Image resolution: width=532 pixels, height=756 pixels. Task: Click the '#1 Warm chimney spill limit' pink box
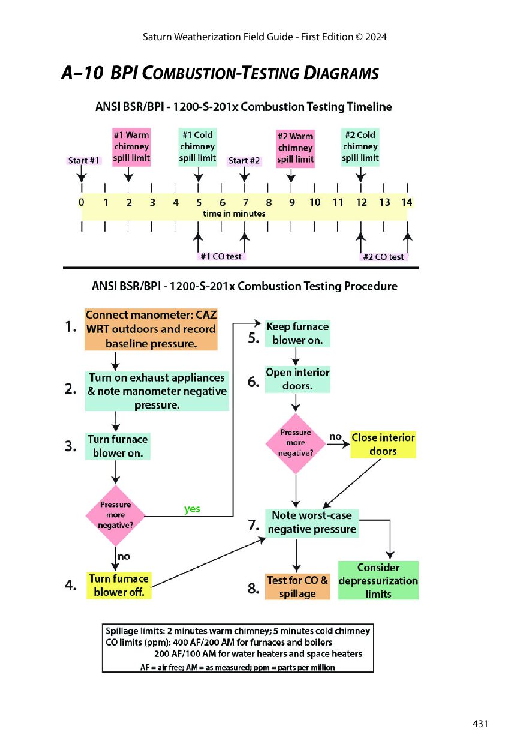[131, 147]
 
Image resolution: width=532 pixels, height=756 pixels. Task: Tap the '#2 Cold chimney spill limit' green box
[360, 147]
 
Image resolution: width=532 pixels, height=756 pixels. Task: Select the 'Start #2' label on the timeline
[244, 160]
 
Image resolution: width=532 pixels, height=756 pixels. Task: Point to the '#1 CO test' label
[221, 256]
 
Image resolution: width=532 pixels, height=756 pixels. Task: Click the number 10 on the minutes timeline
[315, 202]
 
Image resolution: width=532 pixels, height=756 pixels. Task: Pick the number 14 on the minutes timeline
[407, 202]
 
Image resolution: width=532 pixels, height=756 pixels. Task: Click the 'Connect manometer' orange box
[151, 329]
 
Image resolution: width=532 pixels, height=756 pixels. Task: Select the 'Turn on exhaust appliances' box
[157, 391]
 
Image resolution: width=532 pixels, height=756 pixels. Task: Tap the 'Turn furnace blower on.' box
[118, 446]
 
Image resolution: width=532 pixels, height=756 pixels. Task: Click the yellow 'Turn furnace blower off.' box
[119, 586]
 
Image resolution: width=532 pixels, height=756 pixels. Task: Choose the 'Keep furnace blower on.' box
[297, 334]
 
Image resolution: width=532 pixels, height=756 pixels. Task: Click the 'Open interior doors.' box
[297, 379]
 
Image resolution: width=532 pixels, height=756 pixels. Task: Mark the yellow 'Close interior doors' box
[383, 445]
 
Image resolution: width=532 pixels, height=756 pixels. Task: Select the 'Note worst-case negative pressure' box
[312, 523]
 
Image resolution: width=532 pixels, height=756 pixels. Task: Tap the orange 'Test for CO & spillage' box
[297, 587]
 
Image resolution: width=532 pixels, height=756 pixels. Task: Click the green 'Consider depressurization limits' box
[378, 580]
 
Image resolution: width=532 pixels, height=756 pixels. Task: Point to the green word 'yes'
[192, 509]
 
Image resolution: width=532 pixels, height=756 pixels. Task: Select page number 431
[480, 724]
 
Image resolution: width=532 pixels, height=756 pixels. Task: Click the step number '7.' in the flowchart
[254, 525]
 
